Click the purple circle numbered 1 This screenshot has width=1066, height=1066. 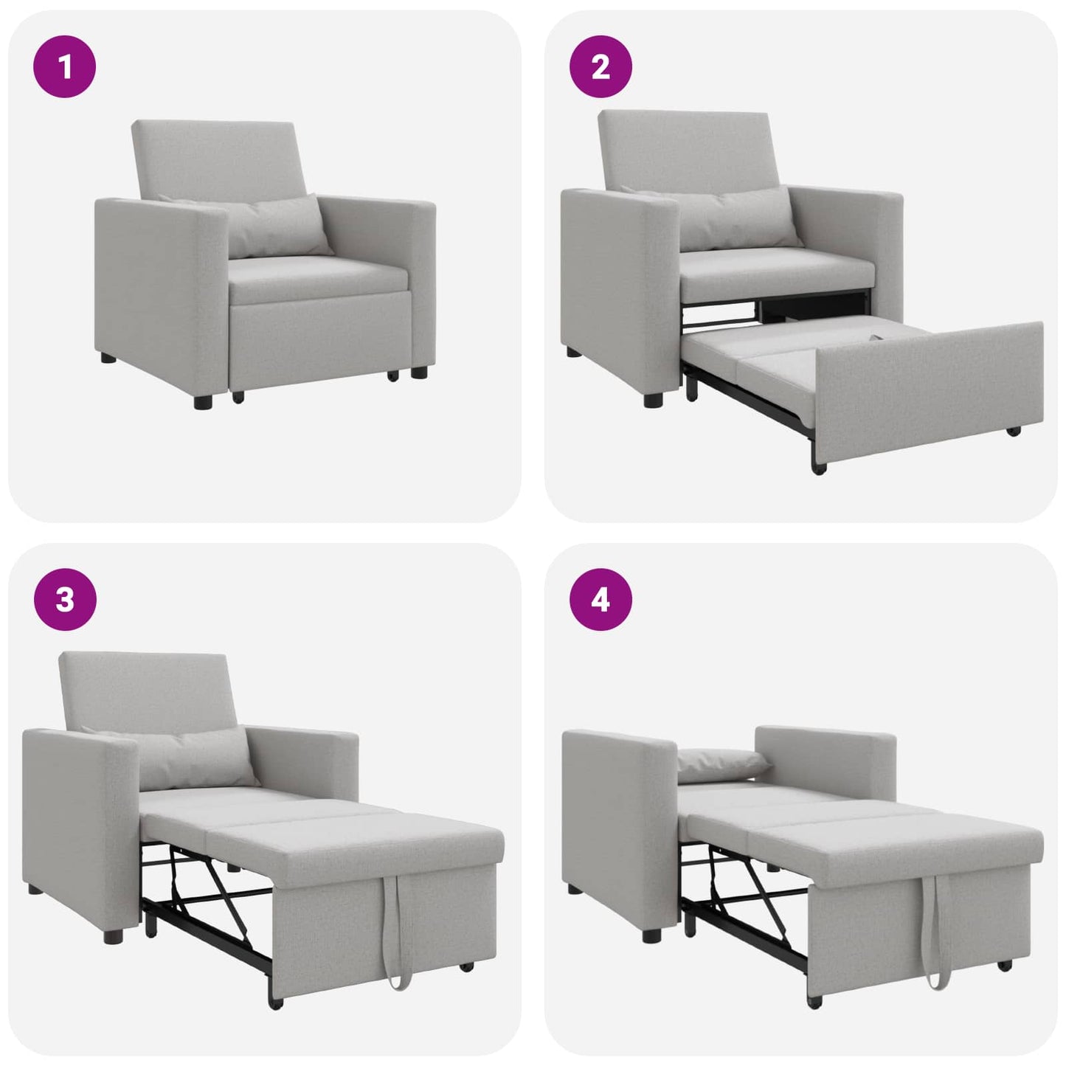pos(65,67)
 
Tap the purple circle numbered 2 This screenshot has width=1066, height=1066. pos(601,67)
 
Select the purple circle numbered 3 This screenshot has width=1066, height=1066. pos(65,599)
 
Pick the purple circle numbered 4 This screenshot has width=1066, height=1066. pos(601,599)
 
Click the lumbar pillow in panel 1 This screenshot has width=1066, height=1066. pos(277,226)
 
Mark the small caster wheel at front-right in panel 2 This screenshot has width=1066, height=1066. pos(1014,431)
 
